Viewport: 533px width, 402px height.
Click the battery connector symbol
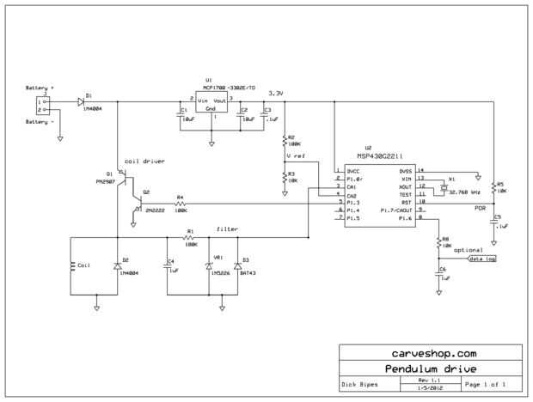(40, 104)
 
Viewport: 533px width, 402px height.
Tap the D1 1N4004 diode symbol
(80, 101)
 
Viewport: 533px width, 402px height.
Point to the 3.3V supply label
(276, 92)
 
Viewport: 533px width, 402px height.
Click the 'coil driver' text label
(144, 161)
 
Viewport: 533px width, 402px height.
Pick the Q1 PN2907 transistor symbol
(123, 179)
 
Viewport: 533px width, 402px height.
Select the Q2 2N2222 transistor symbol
(138, 203)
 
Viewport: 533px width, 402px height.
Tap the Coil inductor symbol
(71, 265)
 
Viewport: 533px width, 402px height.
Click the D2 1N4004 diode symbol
(116, 266)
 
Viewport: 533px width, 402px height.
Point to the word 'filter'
(228, 229)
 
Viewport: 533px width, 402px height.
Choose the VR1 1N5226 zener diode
(209, 266)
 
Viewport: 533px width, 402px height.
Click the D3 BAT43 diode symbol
(237, 266)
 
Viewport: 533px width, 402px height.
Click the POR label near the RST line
(480, 207)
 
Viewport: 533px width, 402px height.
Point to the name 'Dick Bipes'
(359, 384)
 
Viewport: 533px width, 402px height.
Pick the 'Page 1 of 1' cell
(491, 383)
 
